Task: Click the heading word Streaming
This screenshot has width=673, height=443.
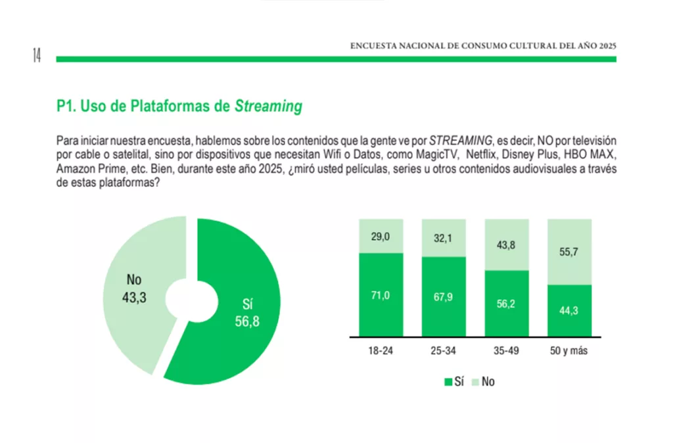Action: click(x=268, y=106)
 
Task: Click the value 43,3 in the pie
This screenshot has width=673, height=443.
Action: click(x=133, y=297)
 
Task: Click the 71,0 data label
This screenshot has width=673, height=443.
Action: click(x=381, y=296)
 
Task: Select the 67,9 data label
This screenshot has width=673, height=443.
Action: click(x=444, y=298)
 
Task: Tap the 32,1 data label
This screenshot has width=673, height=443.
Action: click(x=444, y=239)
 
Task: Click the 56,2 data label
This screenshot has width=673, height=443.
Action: click(x=507, y=304)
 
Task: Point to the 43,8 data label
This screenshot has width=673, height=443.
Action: click(x=507, y=245)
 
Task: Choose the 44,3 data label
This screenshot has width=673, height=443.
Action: click(x=569, y=311)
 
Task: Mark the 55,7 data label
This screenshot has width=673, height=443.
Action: click(x=569, y=252)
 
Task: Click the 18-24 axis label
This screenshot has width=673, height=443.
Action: click(x=381, y=351)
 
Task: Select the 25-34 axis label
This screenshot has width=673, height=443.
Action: click(x=444, y=351)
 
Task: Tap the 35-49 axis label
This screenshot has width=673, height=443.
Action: click(x=507, y=351)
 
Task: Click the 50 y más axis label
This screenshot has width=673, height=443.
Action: click(x=569, y=351)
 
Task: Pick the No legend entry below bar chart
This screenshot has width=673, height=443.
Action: click(x=483, y=381)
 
